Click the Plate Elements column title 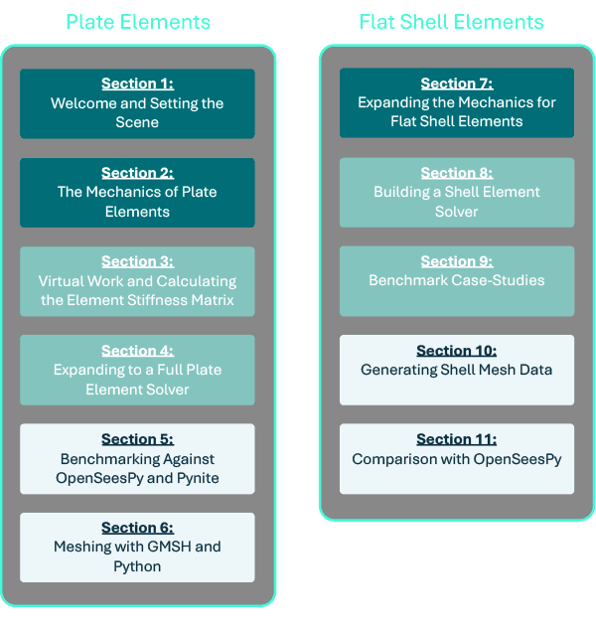[x=138, y=22]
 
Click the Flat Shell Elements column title [x=451, y=22]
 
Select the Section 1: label [x=137, y=84]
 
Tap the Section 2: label [x=137, y=173]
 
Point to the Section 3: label [x=137, y=261]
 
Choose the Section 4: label [x=137, y=351]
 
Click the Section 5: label [x=137, y=439]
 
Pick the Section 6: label [x=137, y=528]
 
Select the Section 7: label [x=457, y=84]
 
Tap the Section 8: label [x=457, y=173]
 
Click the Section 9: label [x=457, y=261]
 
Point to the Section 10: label [x=457, y=351]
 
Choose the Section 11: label [x=457, y=439]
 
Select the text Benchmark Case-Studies [x=457, y=280]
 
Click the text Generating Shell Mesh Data [x=457, y=370]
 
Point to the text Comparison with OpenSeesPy [x=457, y=458]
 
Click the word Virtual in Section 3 [x=62, y=281]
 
